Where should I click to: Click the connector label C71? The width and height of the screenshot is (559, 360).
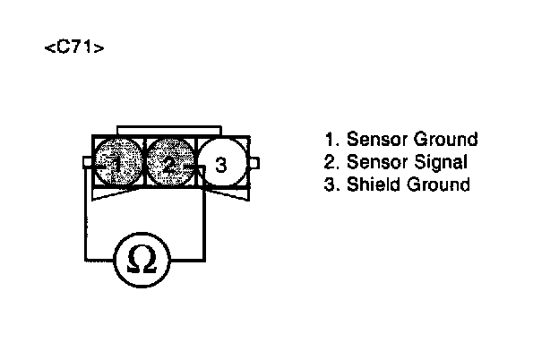74,47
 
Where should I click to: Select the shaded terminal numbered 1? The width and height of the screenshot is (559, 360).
116,163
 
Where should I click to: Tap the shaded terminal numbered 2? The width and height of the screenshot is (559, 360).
168,163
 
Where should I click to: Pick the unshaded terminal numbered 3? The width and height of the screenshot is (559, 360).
221,164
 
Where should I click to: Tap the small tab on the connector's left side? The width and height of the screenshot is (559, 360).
87,162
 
